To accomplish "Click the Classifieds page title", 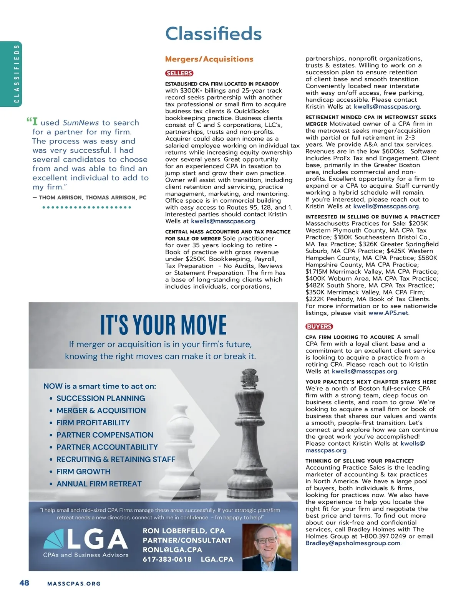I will (213, 34).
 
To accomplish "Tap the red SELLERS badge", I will (179, 73).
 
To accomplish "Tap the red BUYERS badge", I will (319, 326).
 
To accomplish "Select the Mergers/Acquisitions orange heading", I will (209, 59).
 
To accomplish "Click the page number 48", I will (24, 583).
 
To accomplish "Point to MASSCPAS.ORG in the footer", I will (74, 584).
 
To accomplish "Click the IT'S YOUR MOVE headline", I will (164, 325).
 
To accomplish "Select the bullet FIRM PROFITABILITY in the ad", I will (93, 423).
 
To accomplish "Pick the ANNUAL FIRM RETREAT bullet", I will (99, 484).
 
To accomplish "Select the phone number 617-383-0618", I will (167, 559).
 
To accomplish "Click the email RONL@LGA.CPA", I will (172, 550).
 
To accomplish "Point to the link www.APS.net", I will (388, 313).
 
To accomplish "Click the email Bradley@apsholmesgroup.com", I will (353, 543).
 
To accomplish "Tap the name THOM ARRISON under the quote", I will (60, 198).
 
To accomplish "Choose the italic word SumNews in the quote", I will (81, 123).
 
